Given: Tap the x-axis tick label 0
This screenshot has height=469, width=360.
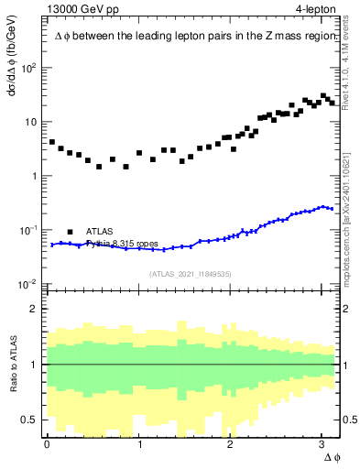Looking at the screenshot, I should point(47,443).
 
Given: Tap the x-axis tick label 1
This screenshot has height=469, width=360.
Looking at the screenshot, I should point(139,443).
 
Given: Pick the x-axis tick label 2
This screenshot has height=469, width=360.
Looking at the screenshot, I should point(231,443).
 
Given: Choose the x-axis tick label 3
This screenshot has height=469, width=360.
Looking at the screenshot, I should point(322,443).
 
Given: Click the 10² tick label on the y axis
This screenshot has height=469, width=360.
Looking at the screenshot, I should point(29,68).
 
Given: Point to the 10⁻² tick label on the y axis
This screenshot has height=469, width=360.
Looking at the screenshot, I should point(29,283).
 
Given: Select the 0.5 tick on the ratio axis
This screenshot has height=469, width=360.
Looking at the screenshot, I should point(31,420).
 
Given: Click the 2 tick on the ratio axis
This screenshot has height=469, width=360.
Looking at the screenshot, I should point(37,309).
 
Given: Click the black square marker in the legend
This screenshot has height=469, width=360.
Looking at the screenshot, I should point(70,232).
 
